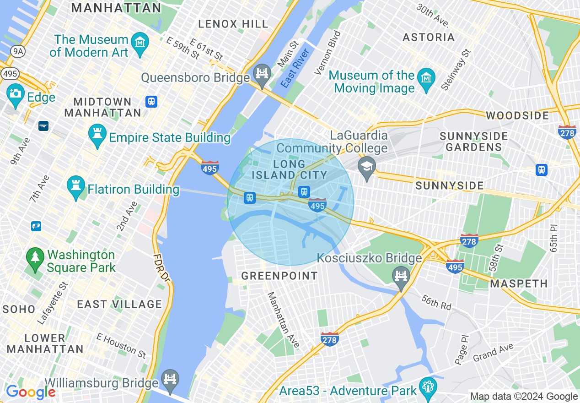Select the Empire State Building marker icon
97,135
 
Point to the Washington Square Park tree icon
35,259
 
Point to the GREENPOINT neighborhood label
279,276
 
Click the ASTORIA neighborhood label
429,37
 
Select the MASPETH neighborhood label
519,284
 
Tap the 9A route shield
18,51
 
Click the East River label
295,68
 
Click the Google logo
31,392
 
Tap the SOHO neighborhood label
18,309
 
